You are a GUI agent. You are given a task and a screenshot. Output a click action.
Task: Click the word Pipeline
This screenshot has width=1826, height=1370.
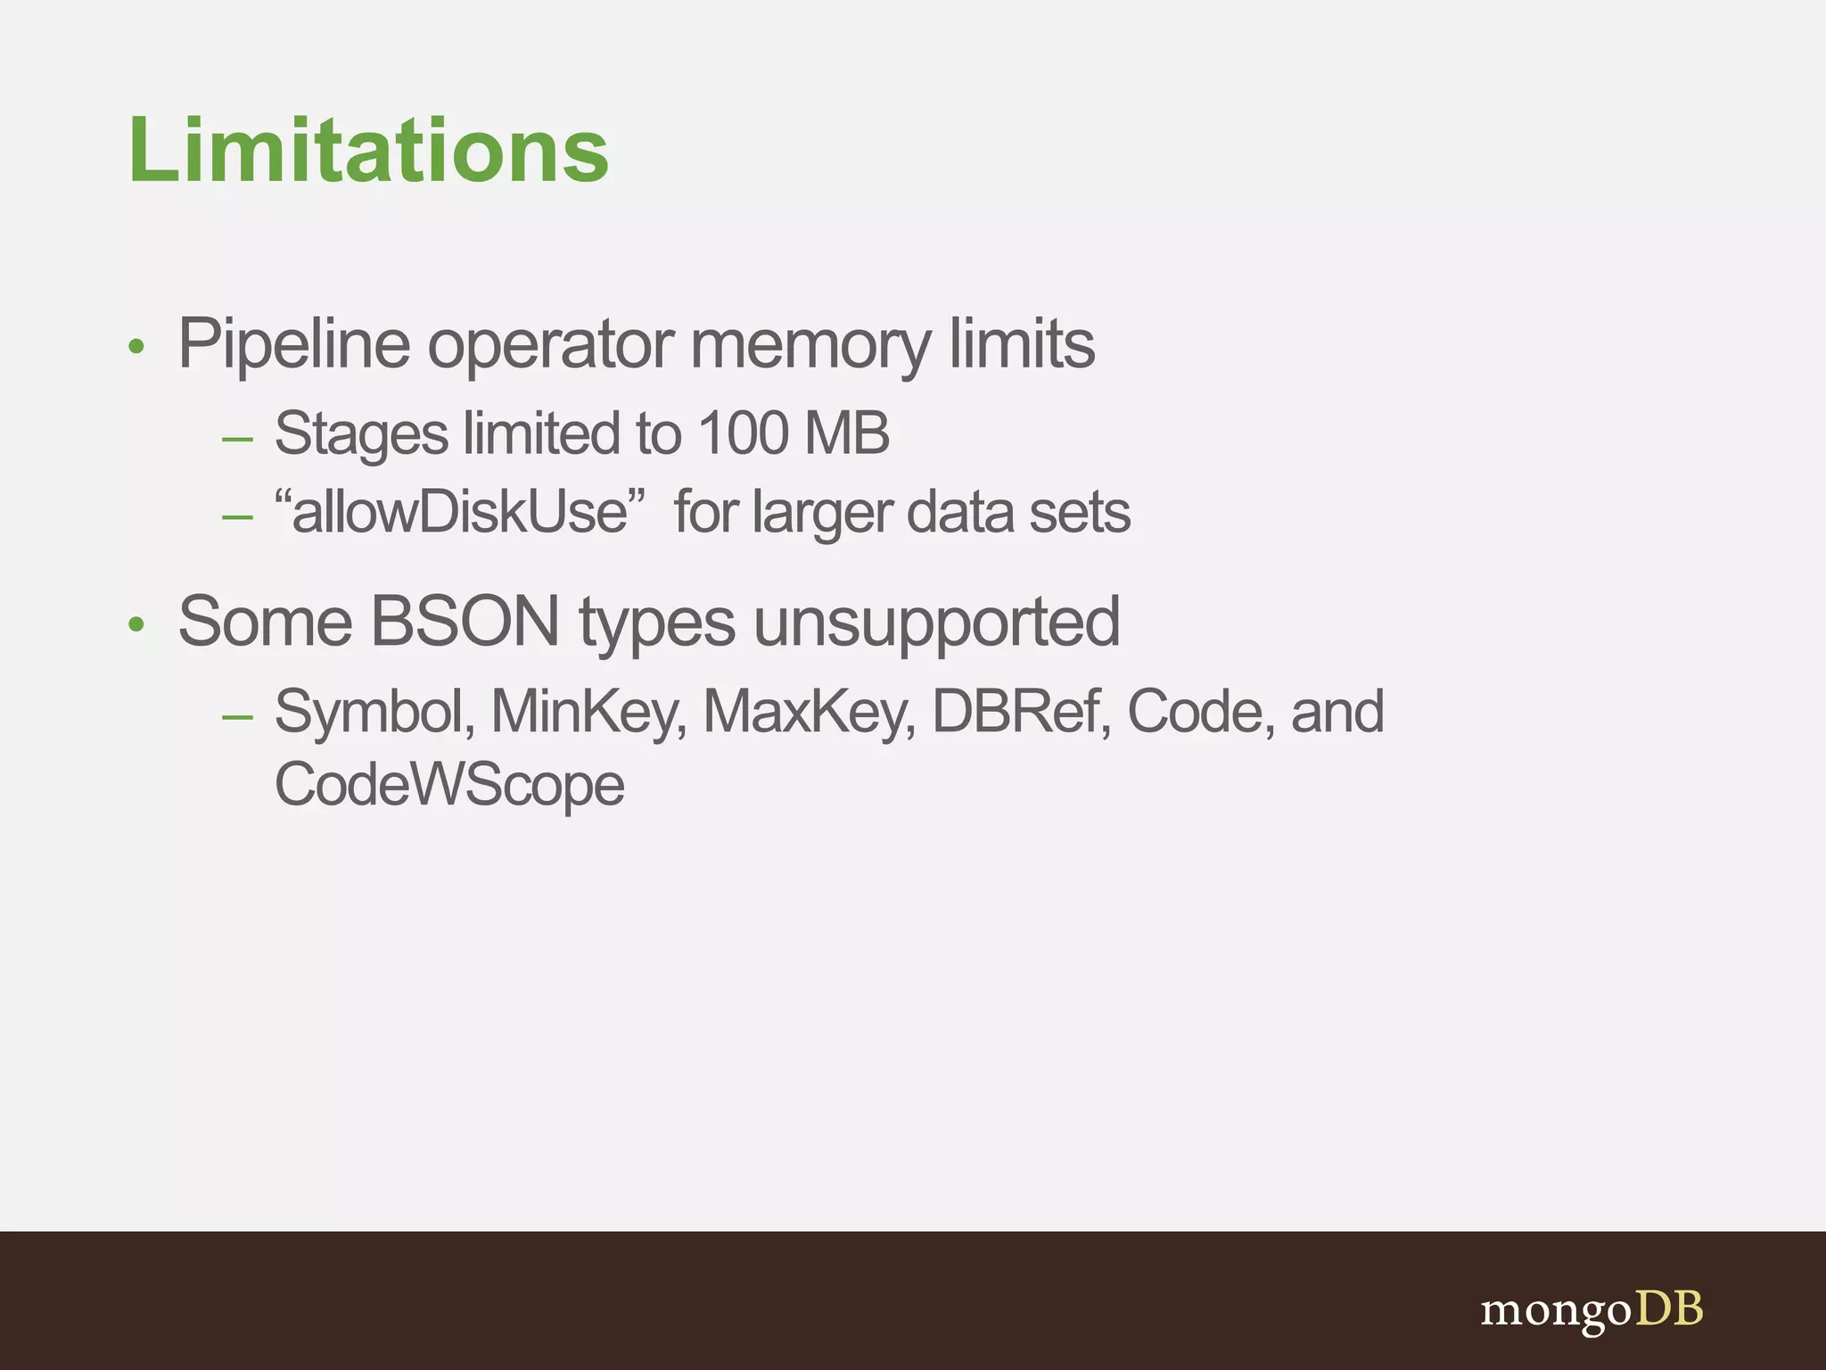tap(293, 344)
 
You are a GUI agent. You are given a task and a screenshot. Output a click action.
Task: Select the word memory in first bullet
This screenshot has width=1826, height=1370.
tap(809, 344)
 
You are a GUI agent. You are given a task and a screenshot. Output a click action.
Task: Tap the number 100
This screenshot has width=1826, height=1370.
tap(743, 433)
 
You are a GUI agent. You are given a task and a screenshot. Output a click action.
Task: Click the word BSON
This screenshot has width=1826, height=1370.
tap(465, 622)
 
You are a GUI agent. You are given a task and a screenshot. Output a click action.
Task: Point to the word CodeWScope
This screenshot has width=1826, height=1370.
tap(449, 785)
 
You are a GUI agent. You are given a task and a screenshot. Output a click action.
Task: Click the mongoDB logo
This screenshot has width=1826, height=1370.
tap(1591, 1310)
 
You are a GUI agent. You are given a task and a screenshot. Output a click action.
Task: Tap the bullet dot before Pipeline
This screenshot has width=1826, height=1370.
tap(136, 347)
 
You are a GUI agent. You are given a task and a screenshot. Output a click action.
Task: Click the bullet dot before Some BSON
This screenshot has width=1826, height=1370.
tap(136, 624)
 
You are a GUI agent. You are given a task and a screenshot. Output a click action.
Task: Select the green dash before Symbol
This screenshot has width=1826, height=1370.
tap(238, 716)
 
